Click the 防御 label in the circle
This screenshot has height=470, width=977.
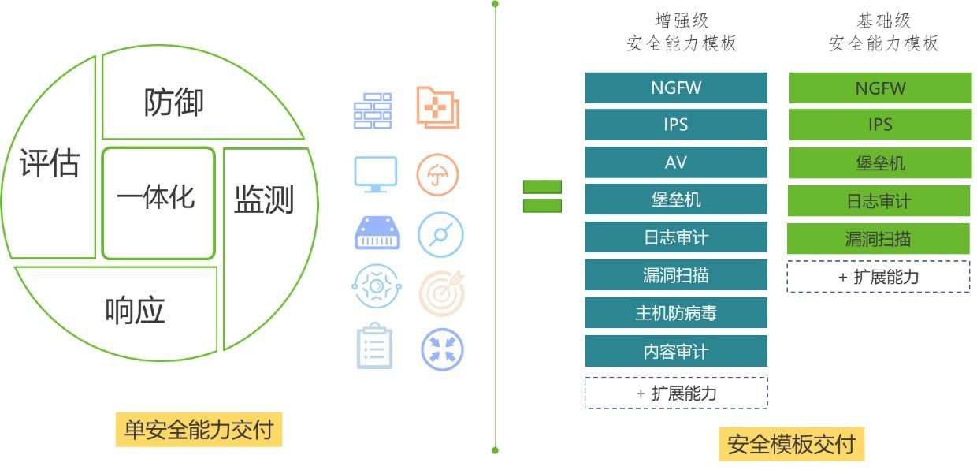pos(173,102)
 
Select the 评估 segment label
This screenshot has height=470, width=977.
pos(50,162)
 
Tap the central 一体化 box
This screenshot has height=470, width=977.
pos(158,203)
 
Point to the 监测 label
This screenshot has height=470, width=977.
pos(264,199)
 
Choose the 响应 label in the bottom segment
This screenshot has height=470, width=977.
pos(135,310)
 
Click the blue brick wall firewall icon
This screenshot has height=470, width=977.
pos(373,111)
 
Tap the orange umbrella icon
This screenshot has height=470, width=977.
pos(437,174)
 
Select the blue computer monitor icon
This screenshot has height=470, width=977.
pos(376,174)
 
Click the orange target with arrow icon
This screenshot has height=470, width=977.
pos(441,293)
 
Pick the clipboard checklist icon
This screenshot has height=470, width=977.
pos(374,346)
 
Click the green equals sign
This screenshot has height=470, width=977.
pos(542,196)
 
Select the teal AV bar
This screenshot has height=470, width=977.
pos(676,162)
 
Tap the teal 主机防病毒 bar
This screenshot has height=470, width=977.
pos(676,313)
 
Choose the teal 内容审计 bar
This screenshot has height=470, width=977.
pos(676,351)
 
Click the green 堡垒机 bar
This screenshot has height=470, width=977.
pos(880,163)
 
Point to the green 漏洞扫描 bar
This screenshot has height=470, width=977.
pos(879,239)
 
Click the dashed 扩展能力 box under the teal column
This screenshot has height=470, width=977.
pos(676,393)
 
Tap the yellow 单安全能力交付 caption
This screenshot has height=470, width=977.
pos(199,430)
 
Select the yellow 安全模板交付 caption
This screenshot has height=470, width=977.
pos(791,444)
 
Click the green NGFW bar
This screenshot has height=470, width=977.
pos(880,88)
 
